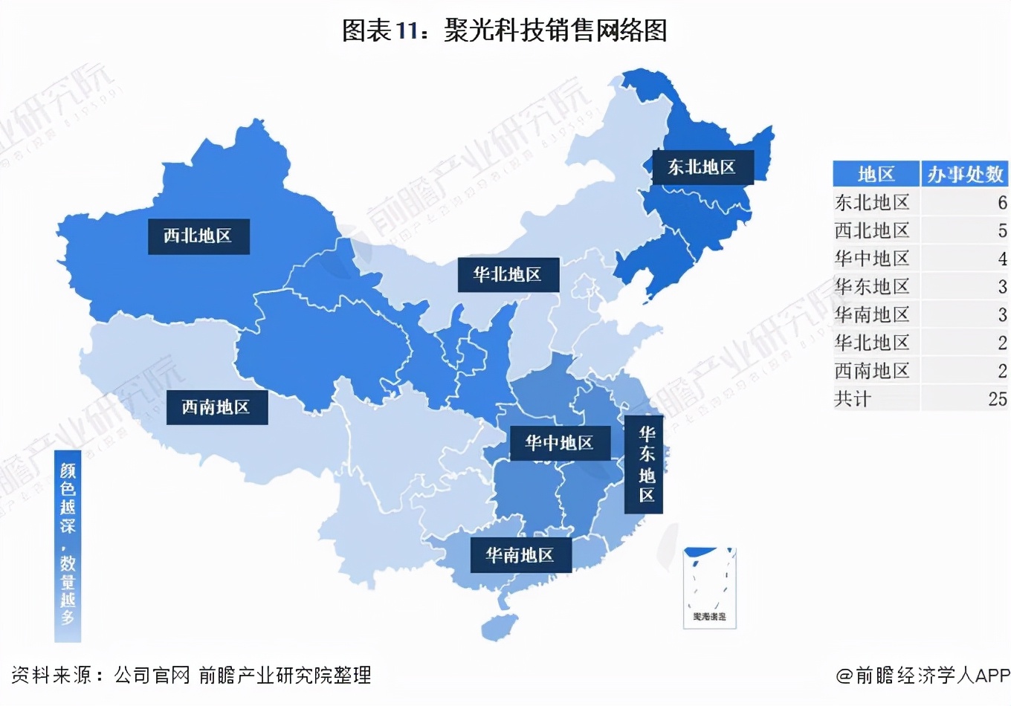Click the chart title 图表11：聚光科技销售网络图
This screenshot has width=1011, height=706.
point(504,30)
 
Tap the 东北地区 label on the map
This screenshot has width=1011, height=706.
point(702,167)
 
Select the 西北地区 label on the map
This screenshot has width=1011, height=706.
point(198,236)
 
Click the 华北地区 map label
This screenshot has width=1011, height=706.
point(508,274)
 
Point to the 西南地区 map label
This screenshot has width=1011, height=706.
point(216,407)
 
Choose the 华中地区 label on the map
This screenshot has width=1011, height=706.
point(559,444)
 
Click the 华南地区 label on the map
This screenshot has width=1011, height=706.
point(520,555)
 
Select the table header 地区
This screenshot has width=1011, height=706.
point(876,174)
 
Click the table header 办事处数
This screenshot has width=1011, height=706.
point(964,174)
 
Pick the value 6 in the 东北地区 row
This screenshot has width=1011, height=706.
point(1002,202)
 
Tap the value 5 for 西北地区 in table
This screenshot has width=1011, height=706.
point(1002,230)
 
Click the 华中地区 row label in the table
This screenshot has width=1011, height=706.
point(872,259)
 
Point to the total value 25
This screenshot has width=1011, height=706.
point(998,399)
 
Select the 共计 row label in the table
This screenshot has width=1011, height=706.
point(853,399)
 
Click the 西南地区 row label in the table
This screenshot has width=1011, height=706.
point(872,371)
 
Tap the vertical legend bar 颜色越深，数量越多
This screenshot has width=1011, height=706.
point(68,546)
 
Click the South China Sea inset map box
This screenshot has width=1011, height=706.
point(709,588)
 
